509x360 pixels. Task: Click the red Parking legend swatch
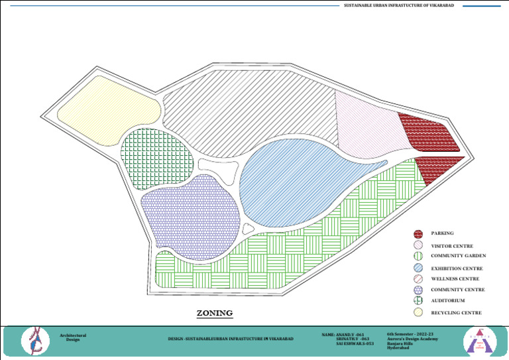tap(418, 234)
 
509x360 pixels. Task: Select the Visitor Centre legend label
tap(452, 246)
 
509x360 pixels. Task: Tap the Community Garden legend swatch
tap(418, 256)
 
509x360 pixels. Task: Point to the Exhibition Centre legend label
tap(457, 269)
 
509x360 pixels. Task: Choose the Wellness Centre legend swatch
tap(418, 279)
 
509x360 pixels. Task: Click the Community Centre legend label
tap(458, 290)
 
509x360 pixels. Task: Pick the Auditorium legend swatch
tap(418, 301)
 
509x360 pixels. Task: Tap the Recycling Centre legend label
tap(456, 312)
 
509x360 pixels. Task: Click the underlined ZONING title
tap(215, 312)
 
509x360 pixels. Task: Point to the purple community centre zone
tap(190, 215)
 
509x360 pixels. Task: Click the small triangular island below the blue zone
tap(248, 229)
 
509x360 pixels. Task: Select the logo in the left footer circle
tap(34, 341)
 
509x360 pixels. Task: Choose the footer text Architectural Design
tap(73, 337)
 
